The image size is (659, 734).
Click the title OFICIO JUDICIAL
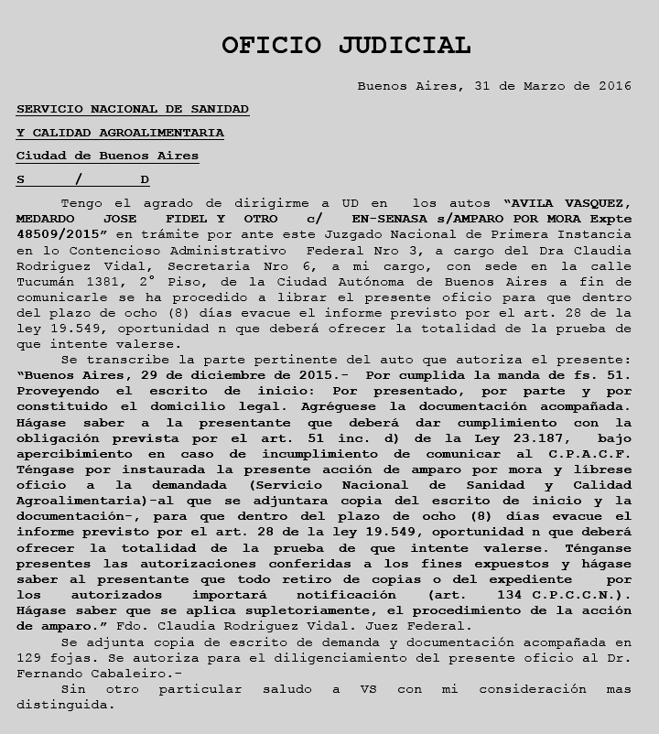pyautogui.click(x=346, y=45)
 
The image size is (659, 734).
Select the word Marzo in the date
pyautogui.click(x=548, y=87)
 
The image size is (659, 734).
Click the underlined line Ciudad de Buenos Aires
pyautogui.click(x=107, y=156)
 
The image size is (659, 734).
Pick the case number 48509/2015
pyautogui.click(x=56, y=234)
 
